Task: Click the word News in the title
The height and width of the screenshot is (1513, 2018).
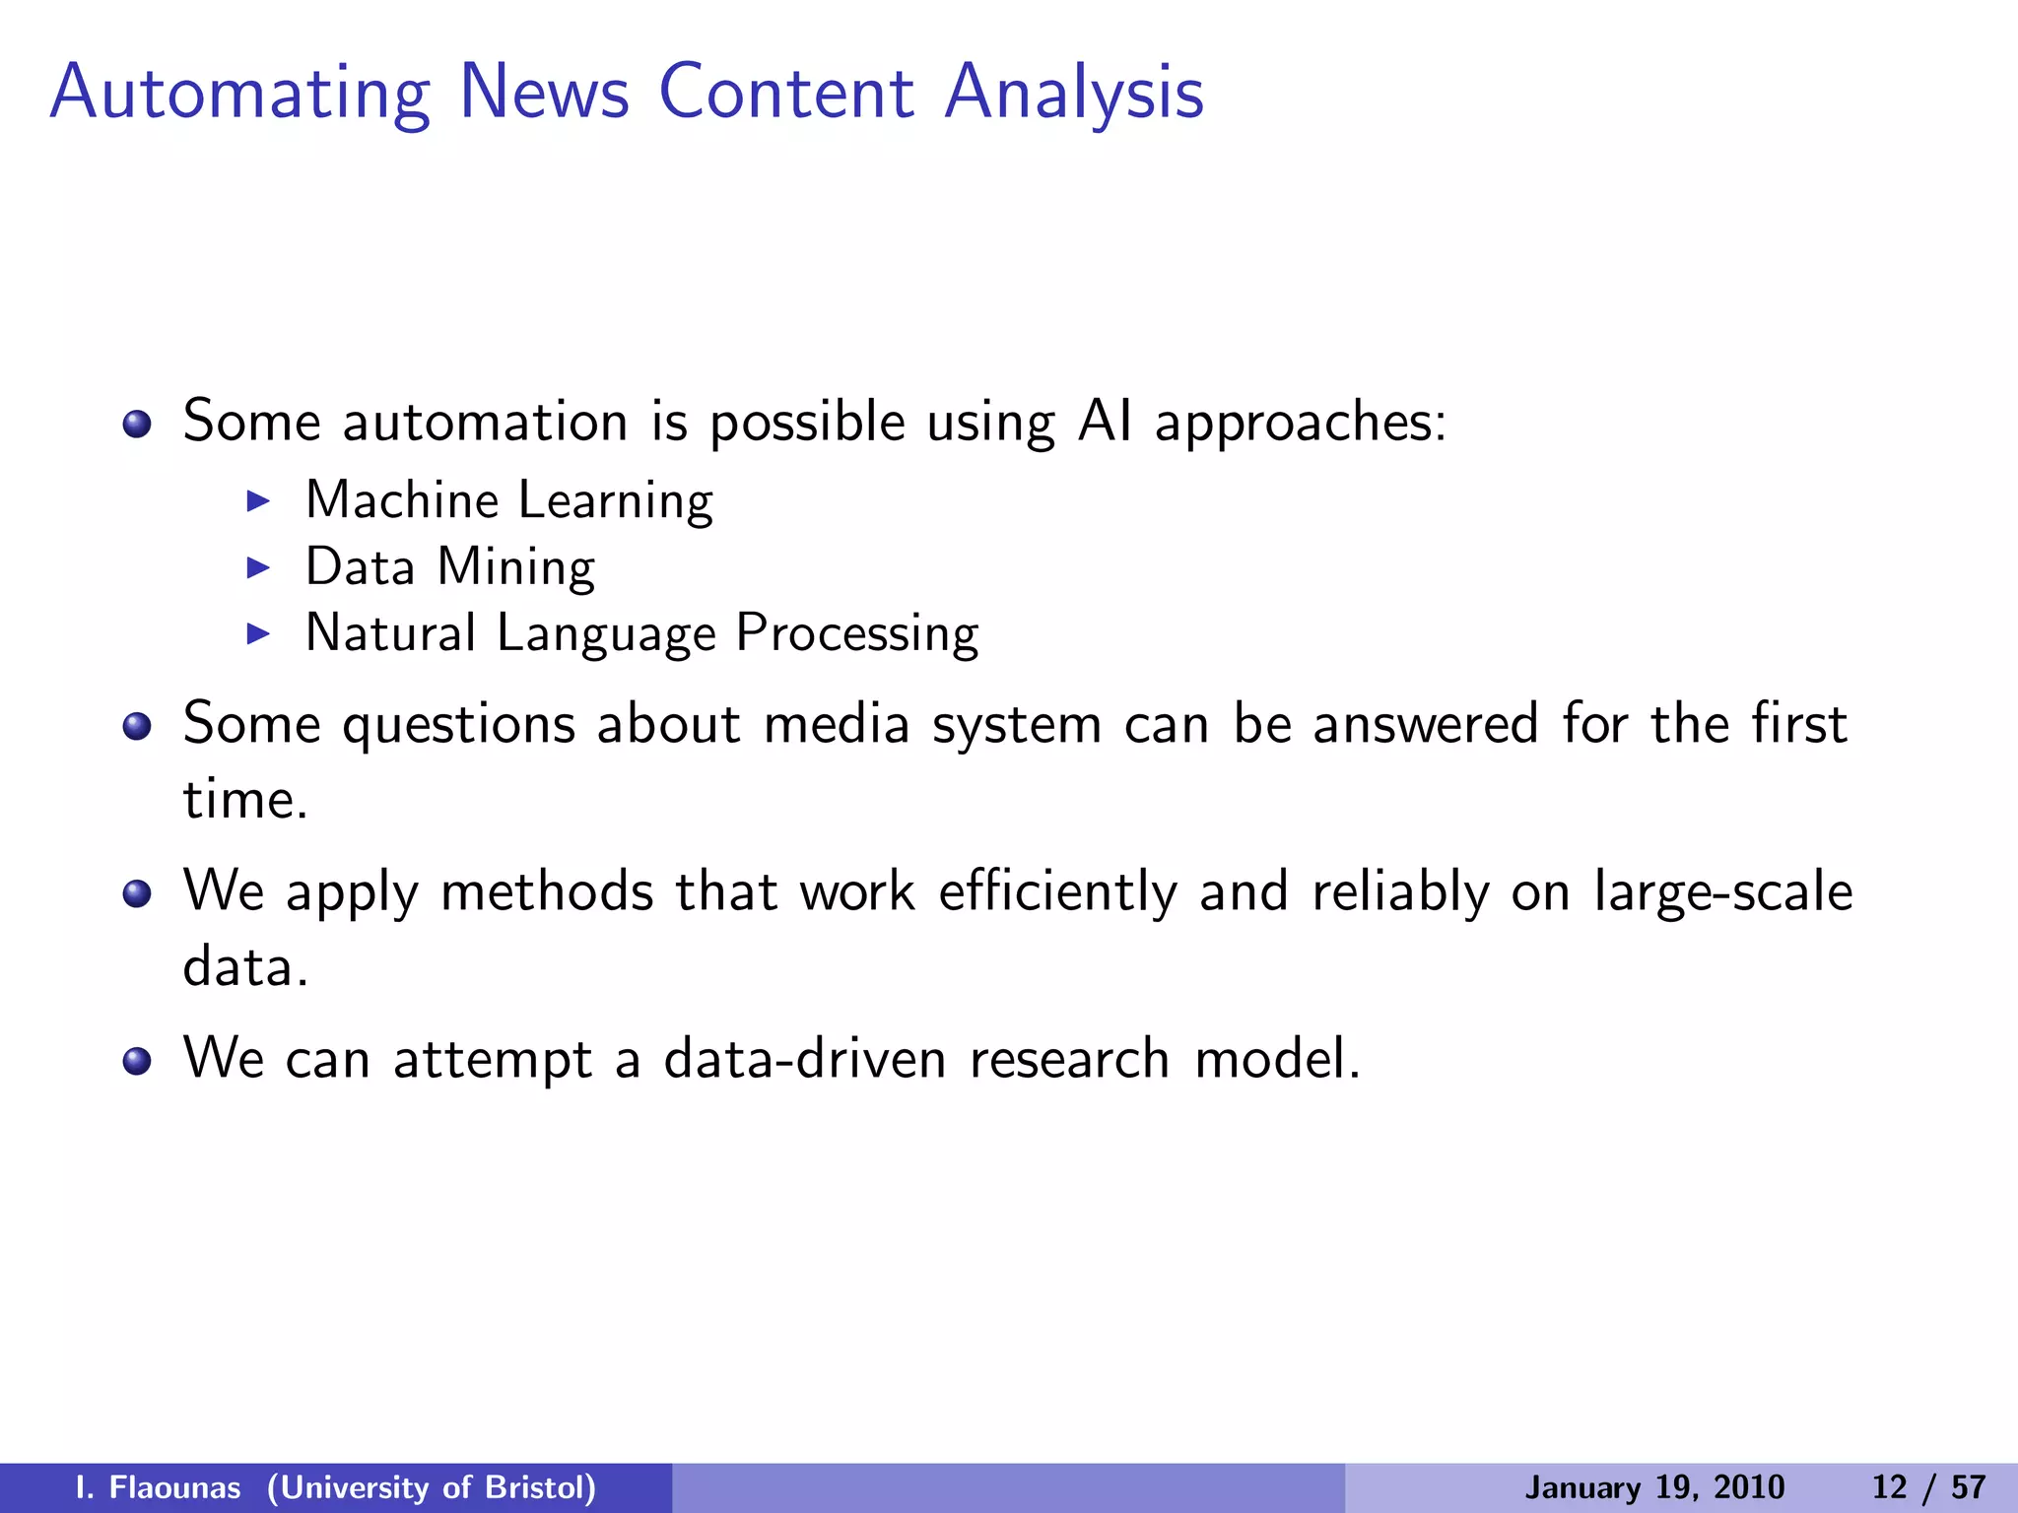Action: point(544,93)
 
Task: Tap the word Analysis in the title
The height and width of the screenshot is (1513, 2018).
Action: point(1074,95)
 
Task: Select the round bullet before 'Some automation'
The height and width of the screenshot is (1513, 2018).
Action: point(137,425)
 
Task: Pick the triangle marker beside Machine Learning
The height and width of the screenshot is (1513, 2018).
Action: point(258,501)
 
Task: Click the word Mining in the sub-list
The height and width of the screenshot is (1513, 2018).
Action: point(515,568)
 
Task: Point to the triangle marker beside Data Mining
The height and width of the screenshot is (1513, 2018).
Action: point(258,567)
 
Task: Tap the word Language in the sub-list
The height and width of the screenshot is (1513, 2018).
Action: point(606,634)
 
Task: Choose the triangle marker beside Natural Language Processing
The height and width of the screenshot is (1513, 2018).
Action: point(258,633)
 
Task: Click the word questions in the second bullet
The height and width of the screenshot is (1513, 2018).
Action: point(458,726)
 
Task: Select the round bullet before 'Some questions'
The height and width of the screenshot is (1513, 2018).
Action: point(137,727)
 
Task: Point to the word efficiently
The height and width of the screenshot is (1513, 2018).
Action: point(1057,892)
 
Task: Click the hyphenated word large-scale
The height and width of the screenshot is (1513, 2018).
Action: point(1722,892)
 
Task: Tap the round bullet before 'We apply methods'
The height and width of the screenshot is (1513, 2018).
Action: point(137,894)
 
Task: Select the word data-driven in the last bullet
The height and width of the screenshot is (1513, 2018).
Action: point(804,1059)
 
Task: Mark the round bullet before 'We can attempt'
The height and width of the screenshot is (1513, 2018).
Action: point(137,1062)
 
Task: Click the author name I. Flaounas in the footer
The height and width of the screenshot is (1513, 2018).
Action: point(158,1487)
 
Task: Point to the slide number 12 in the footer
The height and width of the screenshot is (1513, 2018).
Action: point(1889,1487)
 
